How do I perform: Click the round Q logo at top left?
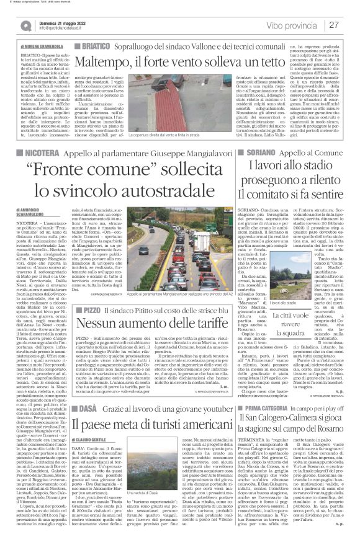pos(25,26)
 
